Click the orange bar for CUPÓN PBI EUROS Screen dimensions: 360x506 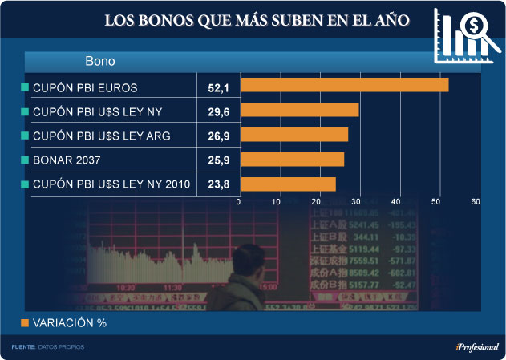coord(344,85)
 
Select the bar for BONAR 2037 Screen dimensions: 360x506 coord(292,160)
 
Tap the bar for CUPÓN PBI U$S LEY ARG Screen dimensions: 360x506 coord(294,135)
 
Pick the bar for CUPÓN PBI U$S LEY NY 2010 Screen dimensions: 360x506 coord(288,184)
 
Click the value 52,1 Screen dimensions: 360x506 coord(219,86)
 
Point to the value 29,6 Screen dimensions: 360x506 coord(219,111)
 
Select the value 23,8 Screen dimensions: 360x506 coord(219,185)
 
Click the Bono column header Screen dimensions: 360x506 coord(100,61)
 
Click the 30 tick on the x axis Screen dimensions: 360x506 coord(357,202)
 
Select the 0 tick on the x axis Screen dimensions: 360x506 coord(239,202)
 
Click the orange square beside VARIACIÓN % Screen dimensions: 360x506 coord(24,322)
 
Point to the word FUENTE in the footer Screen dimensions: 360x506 coord(23,347)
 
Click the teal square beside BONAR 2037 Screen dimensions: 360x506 coord(24,160)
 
